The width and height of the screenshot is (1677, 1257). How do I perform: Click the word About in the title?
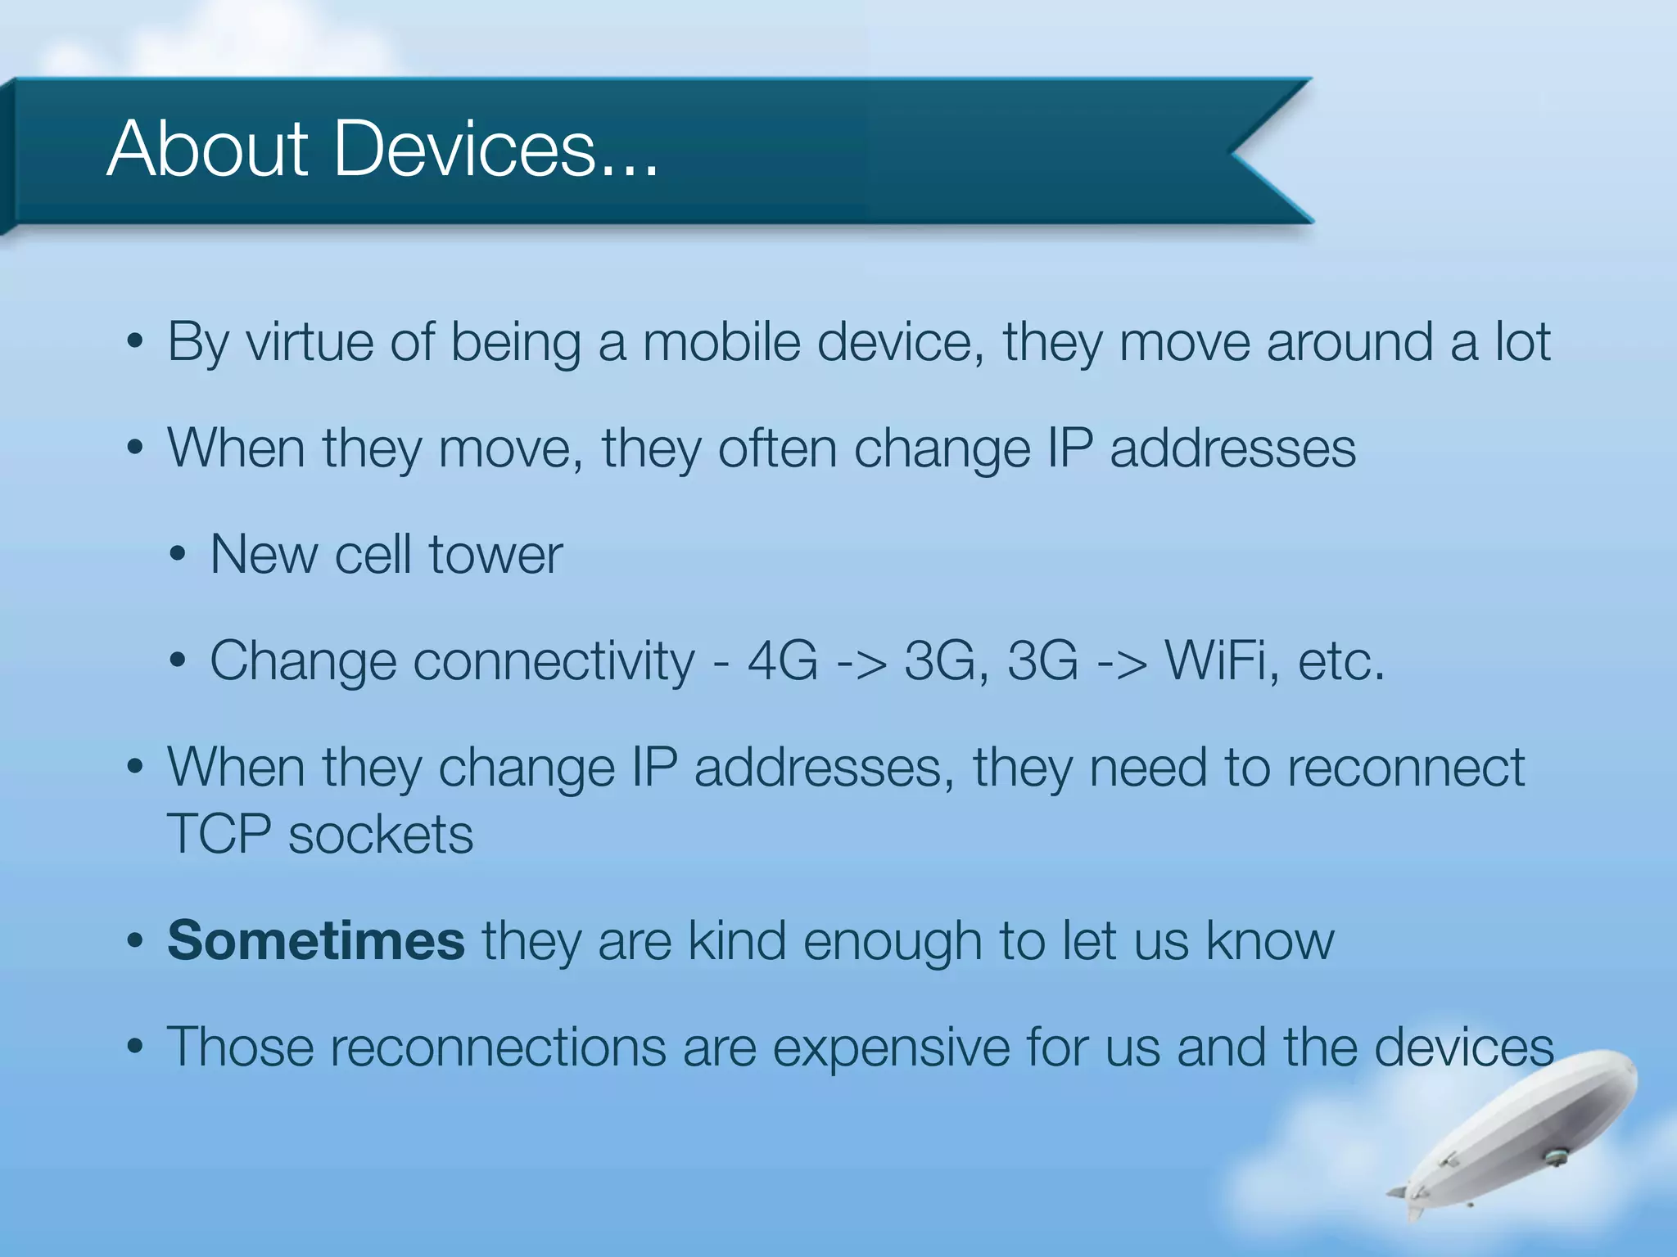(x=207, y=149)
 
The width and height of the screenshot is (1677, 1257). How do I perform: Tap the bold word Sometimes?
(x=316, y=940)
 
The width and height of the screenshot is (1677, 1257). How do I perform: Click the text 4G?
(x=782, y=660)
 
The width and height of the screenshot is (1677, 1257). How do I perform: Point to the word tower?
(x=495, y=555)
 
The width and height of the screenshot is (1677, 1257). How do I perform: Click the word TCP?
(x=219, y=835)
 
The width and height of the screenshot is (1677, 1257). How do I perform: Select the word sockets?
(x=381, y=835)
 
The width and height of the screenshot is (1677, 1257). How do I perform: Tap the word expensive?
(x=891, y=1048)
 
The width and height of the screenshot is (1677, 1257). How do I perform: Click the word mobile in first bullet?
(x=721, y=342)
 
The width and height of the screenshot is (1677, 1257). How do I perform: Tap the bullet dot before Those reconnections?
(x=136, y=1047)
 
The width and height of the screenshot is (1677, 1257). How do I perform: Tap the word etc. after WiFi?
(x=1340, y=660)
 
